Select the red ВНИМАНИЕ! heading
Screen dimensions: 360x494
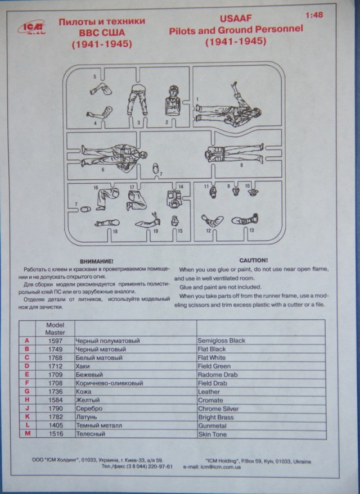point(96,261)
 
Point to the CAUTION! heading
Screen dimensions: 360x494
point(253,261)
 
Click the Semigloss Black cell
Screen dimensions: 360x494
point(222,341)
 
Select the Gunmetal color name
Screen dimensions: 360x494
point(213,426)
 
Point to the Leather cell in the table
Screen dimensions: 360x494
point(209,392)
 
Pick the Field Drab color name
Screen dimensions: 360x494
point(213,383)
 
